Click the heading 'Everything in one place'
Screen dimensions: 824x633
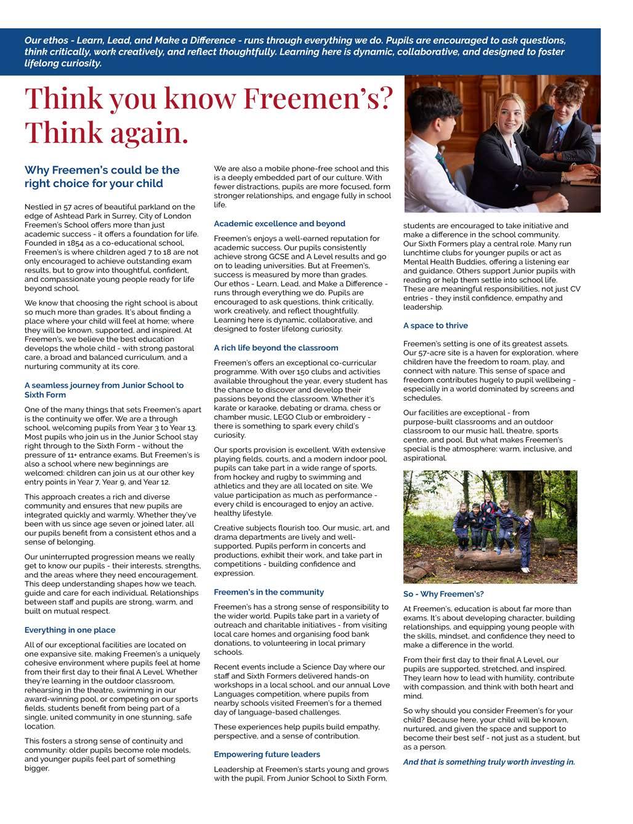tap(70, 630)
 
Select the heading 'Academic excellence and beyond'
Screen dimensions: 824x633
tap(280, 223)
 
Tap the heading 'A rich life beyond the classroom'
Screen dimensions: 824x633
tap(276, 348)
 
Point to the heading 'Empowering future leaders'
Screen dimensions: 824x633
tap(267, 754)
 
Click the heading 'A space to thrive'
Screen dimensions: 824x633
tap(435, 326)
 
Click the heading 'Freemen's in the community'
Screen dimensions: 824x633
tap(268, 592)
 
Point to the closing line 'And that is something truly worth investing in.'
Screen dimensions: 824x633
tap(489, 762)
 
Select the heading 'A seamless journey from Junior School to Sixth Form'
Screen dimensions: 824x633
tap(103, 390)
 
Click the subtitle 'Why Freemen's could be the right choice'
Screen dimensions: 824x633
tap(102, 177)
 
